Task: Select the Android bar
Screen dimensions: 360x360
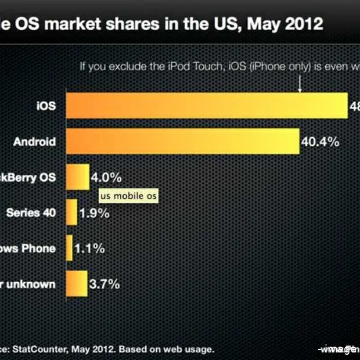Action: [183, 142]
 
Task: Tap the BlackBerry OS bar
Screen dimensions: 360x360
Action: [78, 177]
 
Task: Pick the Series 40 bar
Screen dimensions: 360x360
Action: [71, 213]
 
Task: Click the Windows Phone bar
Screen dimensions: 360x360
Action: [70, 248]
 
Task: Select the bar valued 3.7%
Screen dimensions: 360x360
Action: [77, 284]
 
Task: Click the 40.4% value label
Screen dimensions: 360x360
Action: [320, 142]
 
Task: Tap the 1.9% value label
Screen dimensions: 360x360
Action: [95, 213]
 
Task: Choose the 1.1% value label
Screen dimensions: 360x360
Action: [89, 249]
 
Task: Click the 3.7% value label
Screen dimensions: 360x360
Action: [105, 284]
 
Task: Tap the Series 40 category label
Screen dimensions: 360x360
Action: [31, 213]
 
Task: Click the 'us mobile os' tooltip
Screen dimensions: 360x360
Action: [128, 196]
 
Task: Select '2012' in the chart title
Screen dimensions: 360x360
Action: [303, 24]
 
